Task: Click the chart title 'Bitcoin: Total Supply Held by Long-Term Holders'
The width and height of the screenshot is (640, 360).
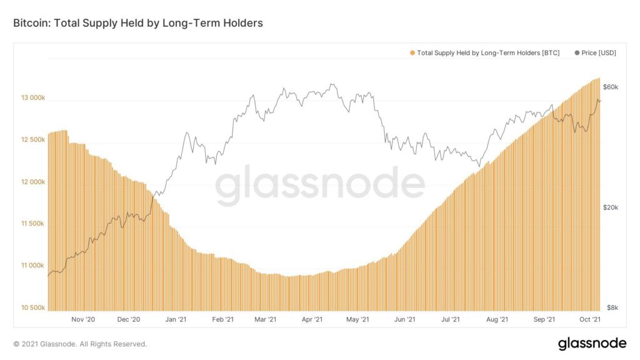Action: point(138,23)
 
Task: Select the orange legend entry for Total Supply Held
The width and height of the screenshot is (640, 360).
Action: point(485,53)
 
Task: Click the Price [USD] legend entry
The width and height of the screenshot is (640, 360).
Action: point(595,53)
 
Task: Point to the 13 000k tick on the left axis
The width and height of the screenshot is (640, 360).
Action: point(33,98)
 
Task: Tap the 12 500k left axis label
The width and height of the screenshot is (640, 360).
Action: point(33,140)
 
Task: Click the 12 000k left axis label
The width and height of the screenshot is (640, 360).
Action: point(33,182)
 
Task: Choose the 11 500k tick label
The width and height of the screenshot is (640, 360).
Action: point(33,224)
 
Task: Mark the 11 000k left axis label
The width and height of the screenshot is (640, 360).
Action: point(33,266)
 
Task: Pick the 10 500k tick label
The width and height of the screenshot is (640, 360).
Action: point(33,307)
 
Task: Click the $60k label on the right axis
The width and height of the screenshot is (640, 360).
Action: point(611,86)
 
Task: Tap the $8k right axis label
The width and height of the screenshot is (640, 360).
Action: point(612,307)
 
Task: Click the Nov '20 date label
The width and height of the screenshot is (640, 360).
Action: point(82,319)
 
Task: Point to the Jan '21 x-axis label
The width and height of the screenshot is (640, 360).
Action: point(176,319)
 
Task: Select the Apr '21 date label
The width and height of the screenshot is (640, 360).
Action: point(311,319)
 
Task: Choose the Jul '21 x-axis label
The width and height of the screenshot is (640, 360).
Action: point(451,319)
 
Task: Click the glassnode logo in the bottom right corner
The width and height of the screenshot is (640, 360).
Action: point(591,343)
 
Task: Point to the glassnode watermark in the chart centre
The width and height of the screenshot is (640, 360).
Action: point(320,186)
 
